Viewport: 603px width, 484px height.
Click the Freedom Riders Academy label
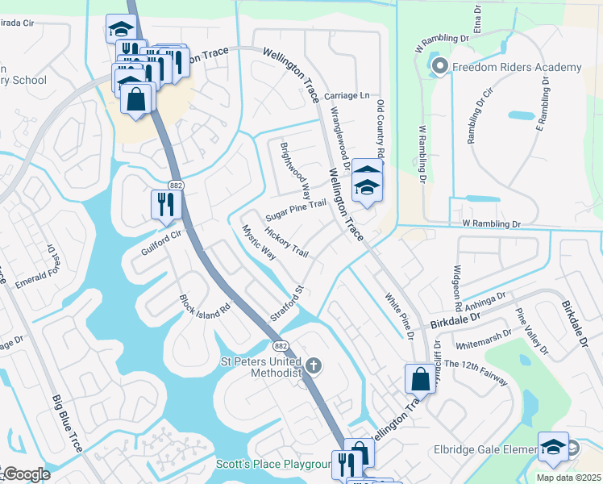tap(517, 67)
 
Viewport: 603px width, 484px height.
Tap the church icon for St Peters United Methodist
tap(314, 366)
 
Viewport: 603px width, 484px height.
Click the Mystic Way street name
tap(259, 242)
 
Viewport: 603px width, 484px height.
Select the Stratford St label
tap(286, 303)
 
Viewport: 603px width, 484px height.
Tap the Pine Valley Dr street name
tap(532, 332)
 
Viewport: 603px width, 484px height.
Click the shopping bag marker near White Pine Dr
tap(421, 379)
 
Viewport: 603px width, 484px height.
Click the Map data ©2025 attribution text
tap(569, 478)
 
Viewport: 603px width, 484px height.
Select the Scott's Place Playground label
tap(274, 464)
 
